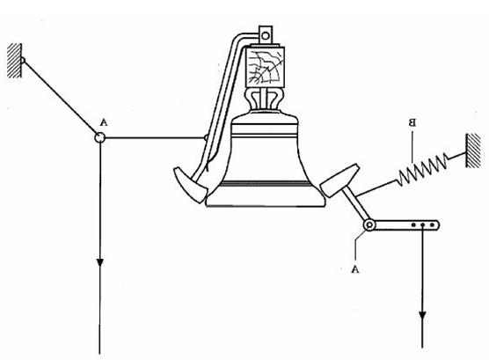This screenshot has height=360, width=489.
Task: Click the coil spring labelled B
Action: click(x=422, y=170)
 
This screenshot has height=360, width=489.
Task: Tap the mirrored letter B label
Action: click(x=412, y=122)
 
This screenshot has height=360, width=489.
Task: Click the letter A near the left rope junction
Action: click(x=104, y=122)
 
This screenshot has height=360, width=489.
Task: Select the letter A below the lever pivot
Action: click(x=355, y=269)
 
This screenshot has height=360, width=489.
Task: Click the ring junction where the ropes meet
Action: click(x=99, y=137)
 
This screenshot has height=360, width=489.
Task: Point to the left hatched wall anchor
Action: click(x=15, y=61)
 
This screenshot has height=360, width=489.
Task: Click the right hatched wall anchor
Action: click(x=473, y=151)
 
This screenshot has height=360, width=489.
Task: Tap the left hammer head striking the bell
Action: click(x=190, y=185)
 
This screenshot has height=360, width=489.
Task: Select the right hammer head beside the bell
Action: click(x=339, y=180)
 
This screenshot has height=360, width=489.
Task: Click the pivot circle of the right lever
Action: click(x=369, y=224)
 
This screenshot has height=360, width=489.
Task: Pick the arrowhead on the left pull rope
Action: click(x=99, y=262)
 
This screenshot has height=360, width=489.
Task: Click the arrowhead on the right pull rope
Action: click(x=422, y=317)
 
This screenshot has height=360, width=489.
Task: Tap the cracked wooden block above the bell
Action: click(x=265, y=67)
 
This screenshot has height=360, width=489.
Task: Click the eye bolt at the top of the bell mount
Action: click(x=266, y=35)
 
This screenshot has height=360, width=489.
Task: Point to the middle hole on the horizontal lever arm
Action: click(x=422, y=224)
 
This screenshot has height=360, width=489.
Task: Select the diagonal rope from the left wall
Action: click(x=60, y=98)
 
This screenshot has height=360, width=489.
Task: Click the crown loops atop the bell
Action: click(x=266, y=99)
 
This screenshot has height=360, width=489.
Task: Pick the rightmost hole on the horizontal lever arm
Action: click(x=432, y=224)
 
